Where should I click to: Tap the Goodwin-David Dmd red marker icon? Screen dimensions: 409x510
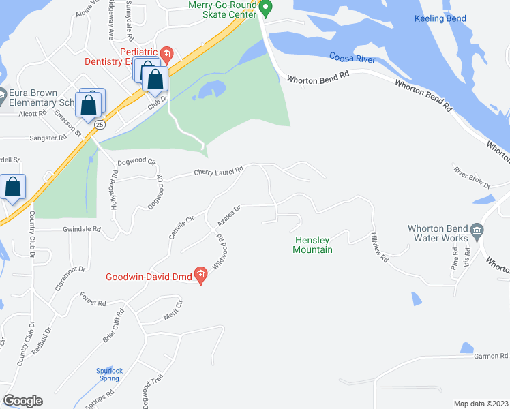pyautogui.click(x=200, y=276)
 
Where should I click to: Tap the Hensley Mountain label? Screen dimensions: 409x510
pyautogui.click(x=313, y=245)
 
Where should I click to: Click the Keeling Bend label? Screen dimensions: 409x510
pyautogui.click(x=440, y=18)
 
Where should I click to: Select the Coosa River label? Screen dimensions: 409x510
pyautogui.click(x=352, y=58)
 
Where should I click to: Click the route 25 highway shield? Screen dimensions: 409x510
pyautogui.click(x=100, y=125)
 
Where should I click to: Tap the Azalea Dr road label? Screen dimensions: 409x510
pyautogui.click(x=230, y=217)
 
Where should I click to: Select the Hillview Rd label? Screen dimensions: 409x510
pyautogui.click(x=380, y=248)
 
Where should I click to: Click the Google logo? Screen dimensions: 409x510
pyautogui.click(x=22, y=401)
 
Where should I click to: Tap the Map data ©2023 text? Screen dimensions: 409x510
pyautogui.click(x=481, y=404)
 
